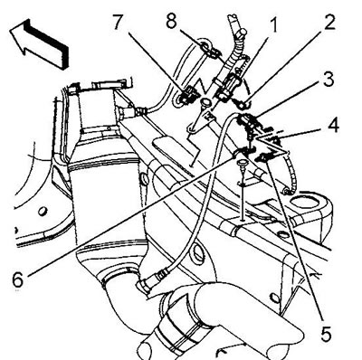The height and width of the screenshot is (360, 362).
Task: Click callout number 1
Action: pyautogui.click(x=273, y=25)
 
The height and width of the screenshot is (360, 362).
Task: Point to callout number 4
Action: pyautogui.click(x=332, y=126)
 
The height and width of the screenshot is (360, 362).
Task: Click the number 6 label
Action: pyautogui.click(x=17, y=279)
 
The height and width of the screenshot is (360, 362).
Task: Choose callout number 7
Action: pyautogui.click(x=120, y=22)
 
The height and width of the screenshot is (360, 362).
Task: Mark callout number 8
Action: pyautogui.click(x=171, y=21)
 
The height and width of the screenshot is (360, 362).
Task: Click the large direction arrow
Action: pyautogui.click(x=40, y=44)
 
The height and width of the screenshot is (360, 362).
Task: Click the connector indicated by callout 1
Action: pyautogui.click(x=230, y=86)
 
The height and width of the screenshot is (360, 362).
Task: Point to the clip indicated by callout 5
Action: pyautogui.click(x=265, y=156)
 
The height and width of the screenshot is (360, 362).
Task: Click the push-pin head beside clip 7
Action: pyautogui.click(x=205, y=102)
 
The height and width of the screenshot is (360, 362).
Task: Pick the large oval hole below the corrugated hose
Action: pyautogui.click(x=305, y=202)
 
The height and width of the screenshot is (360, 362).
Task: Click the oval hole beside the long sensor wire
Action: pyautogui.click(x=197, y=252)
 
